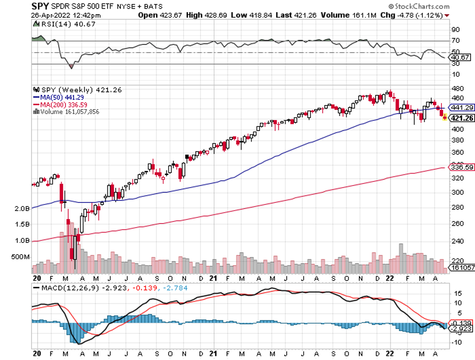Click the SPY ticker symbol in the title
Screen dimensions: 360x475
click(x=40, y=7)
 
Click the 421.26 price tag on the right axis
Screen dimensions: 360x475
click(x=462, y=118)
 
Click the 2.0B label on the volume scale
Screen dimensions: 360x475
click(x=22, y=208)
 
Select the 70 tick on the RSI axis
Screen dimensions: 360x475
click(x=456, y=41)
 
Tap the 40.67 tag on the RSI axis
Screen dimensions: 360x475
click(x=461, y=57)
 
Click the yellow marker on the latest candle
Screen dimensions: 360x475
click(x=445, y=118)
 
